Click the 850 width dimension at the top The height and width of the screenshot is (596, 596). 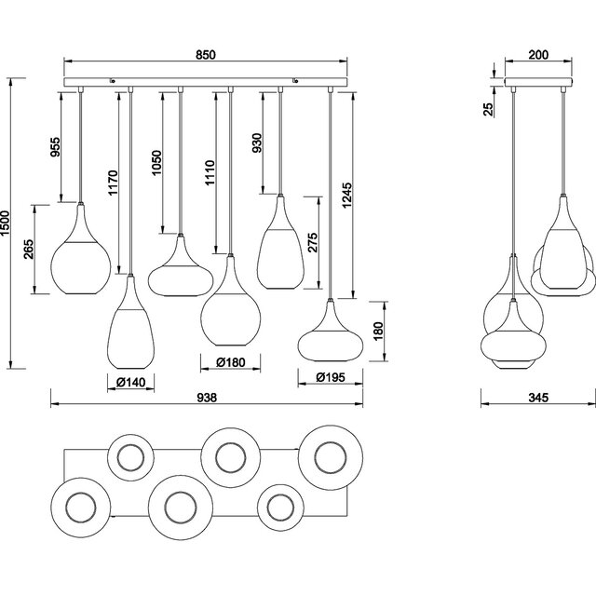[206, 55]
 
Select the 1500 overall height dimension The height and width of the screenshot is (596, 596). [9, 223]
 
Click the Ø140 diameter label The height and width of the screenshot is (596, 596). [131, 381]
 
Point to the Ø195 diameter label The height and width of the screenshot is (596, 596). [328, 377]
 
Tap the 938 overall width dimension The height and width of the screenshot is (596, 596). [207, 398]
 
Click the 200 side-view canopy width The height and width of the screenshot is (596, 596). [538, 55]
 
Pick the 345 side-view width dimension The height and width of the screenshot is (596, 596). [538, 398]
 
